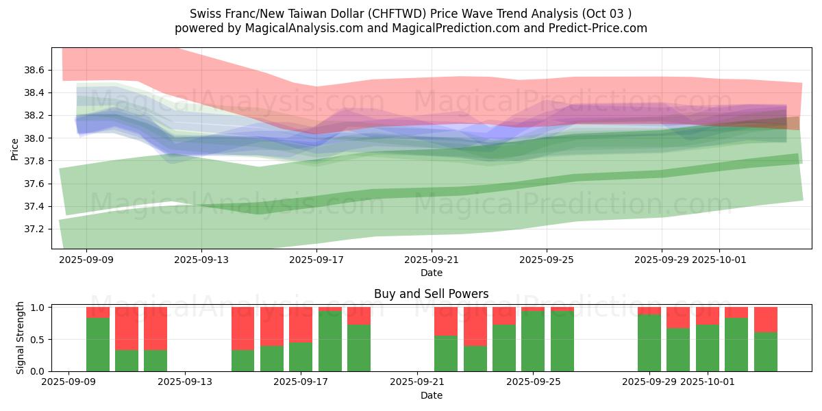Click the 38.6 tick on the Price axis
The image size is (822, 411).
pos(34,70)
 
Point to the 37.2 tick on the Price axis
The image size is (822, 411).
pos(34,229)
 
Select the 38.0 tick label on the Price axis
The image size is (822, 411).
pos(34,138)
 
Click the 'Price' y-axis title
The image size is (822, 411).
pos(14,149)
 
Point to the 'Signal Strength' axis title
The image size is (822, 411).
pos(21,338)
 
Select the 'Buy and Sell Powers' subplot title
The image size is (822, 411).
pos(431,294)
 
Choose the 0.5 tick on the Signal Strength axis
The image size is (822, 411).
pos(38,340)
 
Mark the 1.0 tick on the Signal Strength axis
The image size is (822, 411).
pos(38,308)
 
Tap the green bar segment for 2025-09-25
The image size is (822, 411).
pos(533,341)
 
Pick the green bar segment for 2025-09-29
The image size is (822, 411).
pos(649,342)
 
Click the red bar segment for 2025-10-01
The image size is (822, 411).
pos(708,316)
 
